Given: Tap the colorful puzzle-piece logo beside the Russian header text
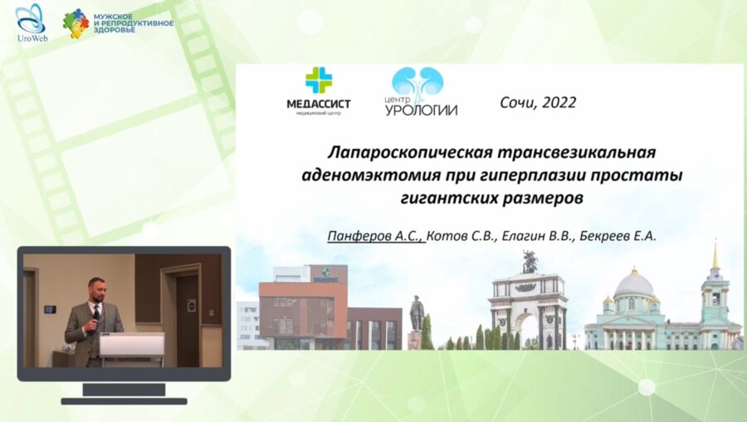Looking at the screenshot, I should point(76,23).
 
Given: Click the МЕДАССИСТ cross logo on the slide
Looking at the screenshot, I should point(318,81).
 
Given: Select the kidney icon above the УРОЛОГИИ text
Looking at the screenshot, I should point(417,81).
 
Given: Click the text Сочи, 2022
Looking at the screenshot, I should point(538,103).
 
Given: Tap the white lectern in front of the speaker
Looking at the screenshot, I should point(132,345).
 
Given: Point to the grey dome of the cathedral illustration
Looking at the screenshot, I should point(634,283).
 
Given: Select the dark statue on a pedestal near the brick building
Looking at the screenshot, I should point(417,316).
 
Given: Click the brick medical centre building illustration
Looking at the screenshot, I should point(303,307).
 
